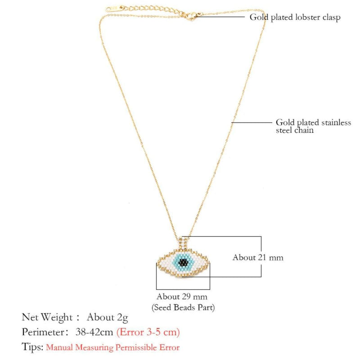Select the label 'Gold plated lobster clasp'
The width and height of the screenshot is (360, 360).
coord(295,18)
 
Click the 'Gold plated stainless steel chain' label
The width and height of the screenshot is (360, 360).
coord(313,126)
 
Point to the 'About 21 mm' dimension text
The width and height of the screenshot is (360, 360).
coord(258,257)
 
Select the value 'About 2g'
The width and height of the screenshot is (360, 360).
coord(108,317)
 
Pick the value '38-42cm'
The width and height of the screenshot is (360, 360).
coord(94,332)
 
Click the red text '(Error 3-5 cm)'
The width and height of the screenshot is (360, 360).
coord(148,332)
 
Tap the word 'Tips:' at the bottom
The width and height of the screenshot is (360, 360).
coord(32,347)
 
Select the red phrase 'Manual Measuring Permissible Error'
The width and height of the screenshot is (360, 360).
coord(112,347)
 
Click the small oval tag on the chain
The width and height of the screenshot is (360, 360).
coord(110,9)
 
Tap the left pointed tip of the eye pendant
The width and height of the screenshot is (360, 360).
coord(158,264)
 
